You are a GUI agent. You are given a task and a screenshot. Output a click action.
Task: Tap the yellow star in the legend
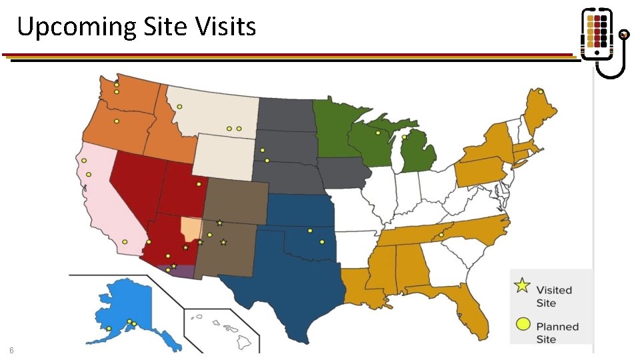[x=523, y=286]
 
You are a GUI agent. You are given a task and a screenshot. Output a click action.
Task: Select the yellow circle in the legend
[x=523, y=325]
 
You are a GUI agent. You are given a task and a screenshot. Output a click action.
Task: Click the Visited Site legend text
[x=554, y=296]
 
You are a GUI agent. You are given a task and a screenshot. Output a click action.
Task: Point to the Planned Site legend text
[x=557, y=333]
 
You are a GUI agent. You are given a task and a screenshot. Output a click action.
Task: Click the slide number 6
[x=11, y=351]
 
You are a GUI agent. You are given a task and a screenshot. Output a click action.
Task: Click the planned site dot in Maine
[x=541, y=91]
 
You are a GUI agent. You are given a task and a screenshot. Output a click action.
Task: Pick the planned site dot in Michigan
[x=404, y=137]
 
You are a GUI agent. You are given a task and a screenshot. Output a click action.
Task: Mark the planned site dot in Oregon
[x=117, y=121]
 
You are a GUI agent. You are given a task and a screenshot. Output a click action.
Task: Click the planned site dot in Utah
[x=199, y=184]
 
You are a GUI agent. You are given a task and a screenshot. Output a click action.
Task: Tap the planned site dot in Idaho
[x=179, y=107]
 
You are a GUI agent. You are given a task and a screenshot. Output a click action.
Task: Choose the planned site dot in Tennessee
[x=441, y=235]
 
